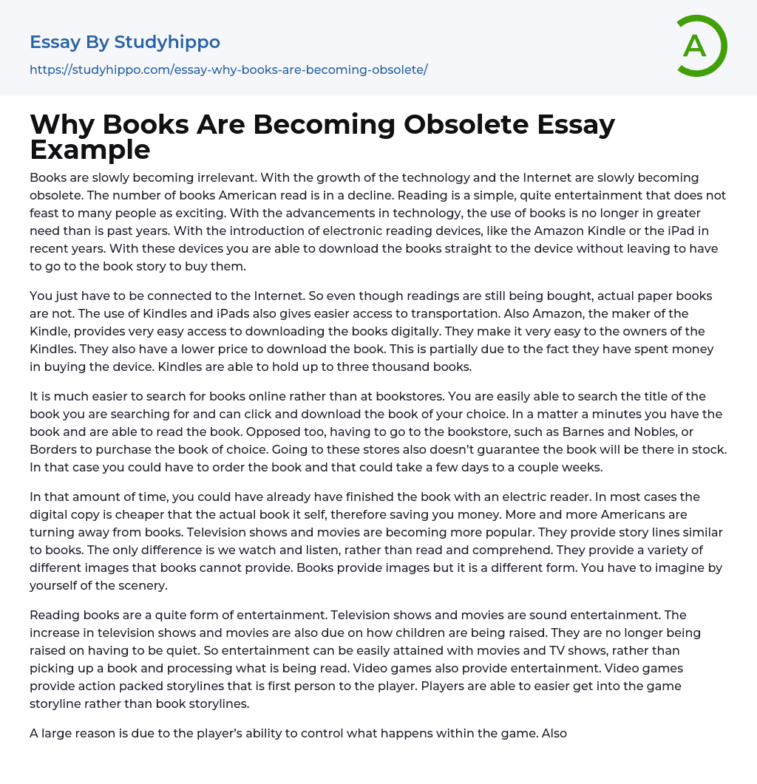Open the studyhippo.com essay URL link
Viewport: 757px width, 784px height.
tap(228, 69)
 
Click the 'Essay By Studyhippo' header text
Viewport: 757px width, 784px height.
tap(125, 42)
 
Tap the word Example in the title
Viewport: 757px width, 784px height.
tap(90, 149)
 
